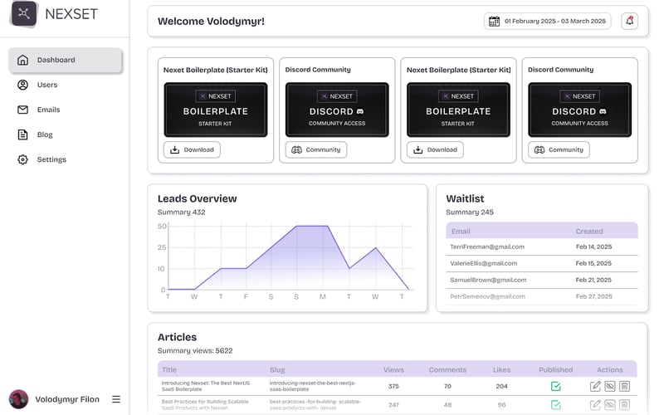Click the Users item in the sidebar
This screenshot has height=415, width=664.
(46, 85)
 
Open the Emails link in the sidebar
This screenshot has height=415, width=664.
(48, 110)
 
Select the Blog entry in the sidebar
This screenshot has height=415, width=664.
(44, 134)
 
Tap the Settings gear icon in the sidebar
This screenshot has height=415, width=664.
(22, 159)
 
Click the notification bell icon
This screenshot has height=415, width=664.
(629, 21)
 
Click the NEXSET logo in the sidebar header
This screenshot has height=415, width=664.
(24, 13)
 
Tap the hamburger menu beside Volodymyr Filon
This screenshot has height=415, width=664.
(116, 399)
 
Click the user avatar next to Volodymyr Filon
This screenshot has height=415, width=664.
(18, 399)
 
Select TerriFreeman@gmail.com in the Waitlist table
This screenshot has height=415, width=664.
(487, 247)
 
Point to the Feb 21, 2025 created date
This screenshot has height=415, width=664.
(593, 280)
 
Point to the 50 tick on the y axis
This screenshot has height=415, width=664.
(162, 226)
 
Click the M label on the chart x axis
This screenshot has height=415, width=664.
(323, 296)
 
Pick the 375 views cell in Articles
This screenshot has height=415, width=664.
(393, 386)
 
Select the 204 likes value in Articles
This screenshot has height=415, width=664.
(501, 386)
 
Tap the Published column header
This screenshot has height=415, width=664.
(555, 369)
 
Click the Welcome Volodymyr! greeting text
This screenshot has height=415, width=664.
(211, 21)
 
